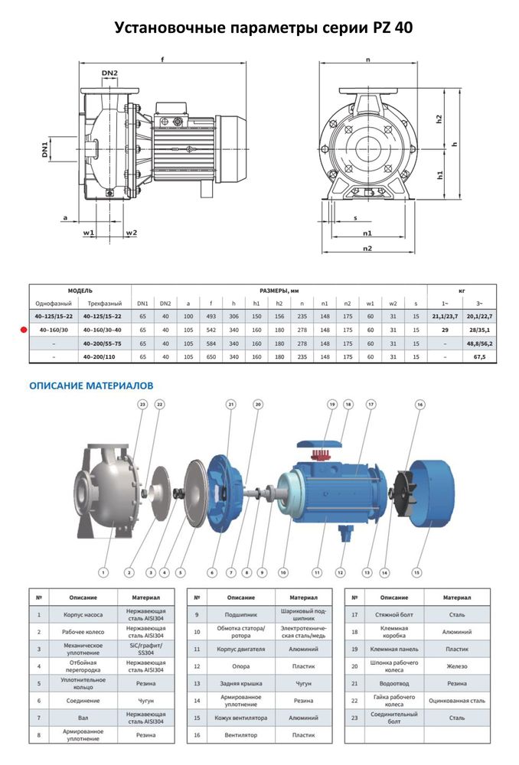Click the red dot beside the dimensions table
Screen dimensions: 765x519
point(23,329)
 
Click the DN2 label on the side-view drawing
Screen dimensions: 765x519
point(109,73)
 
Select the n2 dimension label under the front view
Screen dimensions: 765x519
point(367,249)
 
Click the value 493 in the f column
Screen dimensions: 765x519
point(211,315)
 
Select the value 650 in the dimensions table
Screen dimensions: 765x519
point(211,356)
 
